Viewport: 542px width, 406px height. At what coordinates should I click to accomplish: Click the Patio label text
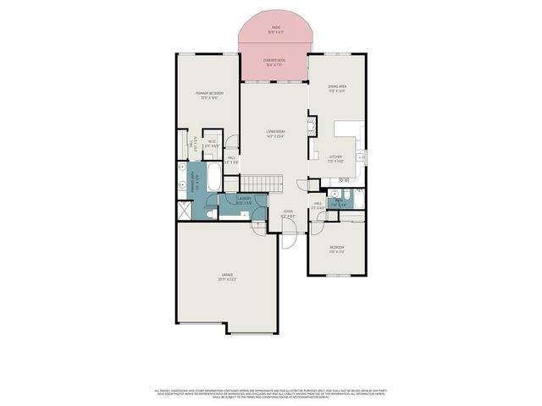276,27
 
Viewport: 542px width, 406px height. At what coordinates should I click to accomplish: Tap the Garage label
227,276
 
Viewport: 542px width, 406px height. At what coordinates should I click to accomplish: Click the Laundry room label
244,200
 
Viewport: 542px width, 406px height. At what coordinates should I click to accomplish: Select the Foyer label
288,211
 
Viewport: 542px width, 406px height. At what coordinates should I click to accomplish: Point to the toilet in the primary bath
209,215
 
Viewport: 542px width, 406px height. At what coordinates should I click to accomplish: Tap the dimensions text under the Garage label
227,281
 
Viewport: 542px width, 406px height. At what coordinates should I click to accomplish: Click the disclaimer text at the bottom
271,393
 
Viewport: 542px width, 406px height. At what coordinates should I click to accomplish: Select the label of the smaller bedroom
337,246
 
